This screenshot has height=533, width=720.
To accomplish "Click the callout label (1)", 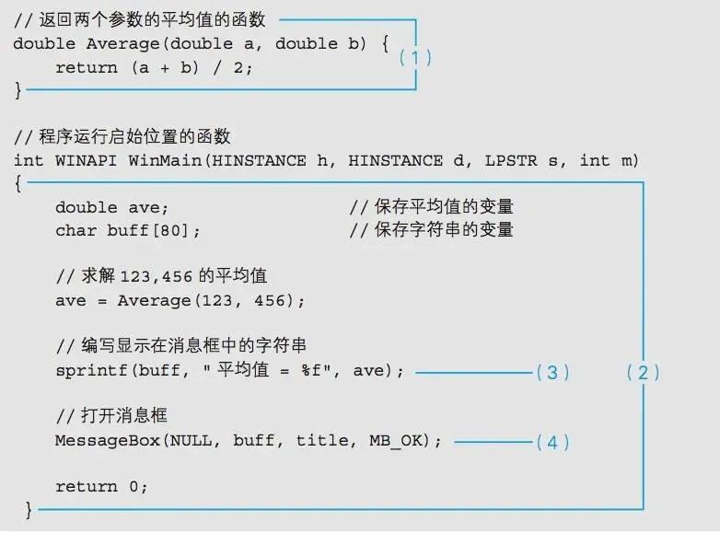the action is pyautogui.click(x=415, y=56).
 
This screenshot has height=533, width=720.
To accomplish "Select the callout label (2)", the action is pyautogui.click(x=643, y=372).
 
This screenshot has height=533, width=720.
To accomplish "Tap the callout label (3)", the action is pyautogui.click(x=552, y=372).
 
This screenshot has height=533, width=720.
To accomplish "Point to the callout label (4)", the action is pyautogui.click(x=552, y=442).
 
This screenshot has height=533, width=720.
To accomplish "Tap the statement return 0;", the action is pyautogui.click(x=101, y=486).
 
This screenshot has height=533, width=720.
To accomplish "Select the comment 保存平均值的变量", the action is pyautogui.click(x=432, y=207).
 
